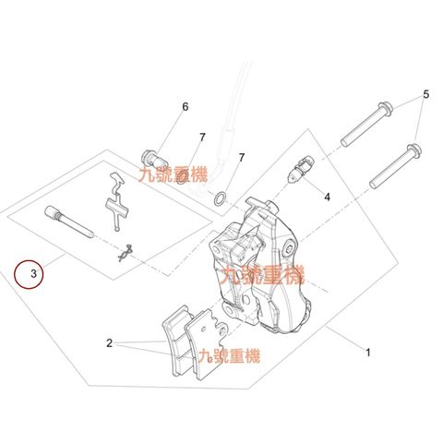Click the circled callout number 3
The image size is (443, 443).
[33, 273]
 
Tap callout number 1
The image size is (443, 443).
[368, 353]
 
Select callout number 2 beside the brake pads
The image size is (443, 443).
[110, 343]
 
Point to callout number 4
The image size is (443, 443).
[327, 197]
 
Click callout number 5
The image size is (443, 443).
[425, 94]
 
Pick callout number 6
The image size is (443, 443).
[185, 107]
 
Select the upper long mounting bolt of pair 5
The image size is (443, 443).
[366, 124]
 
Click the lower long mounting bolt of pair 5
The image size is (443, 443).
[395, 166]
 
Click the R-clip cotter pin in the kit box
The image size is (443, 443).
[126, 253]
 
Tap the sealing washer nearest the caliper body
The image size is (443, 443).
[220, 199]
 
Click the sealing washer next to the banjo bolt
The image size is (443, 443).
[184, 178]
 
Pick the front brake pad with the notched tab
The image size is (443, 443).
[205, 343]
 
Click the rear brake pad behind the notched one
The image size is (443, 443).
[177, 340]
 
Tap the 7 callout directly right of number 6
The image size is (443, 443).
[202, 138]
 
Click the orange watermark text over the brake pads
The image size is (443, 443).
[229, 356]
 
